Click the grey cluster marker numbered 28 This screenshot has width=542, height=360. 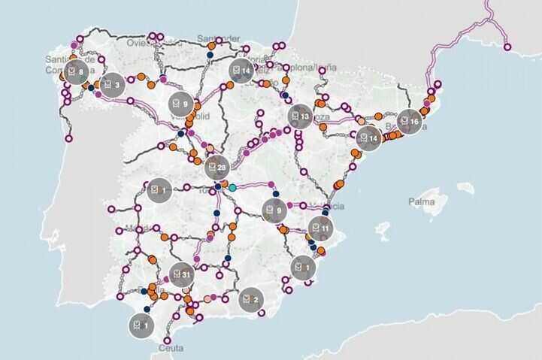point(217,167)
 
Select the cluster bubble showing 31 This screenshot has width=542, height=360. point(181,276)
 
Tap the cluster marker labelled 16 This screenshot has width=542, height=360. point(410,121)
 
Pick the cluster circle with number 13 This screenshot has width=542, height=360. point(300,116)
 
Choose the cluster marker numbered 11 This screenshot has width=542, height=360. point(321,227)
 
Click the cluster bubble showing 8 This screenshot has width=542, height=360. point(76,72)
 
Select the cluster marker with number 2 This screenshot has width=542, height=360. point(251,300)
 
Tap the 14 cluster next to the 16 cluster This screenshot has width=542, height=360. point(369,138)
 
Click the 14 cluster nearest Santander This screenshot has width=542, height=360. point(241,71)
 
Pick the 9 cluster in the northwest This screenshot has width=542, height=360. point(180,103)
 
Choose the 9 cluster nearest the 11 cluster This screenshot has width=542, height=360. point(274,210)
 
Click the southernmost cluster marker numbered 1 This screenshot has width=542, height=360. point(140,326)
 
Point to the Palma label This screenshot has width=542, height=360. point(422,201)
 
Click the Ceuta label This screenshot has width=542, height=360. point(172,349)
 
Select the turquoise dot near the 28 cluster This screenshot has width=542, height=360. point(232,187)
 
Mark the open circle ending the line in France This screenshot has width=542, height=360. point(507,47)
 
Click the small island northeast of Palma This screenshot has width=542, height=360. point(465,186)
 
